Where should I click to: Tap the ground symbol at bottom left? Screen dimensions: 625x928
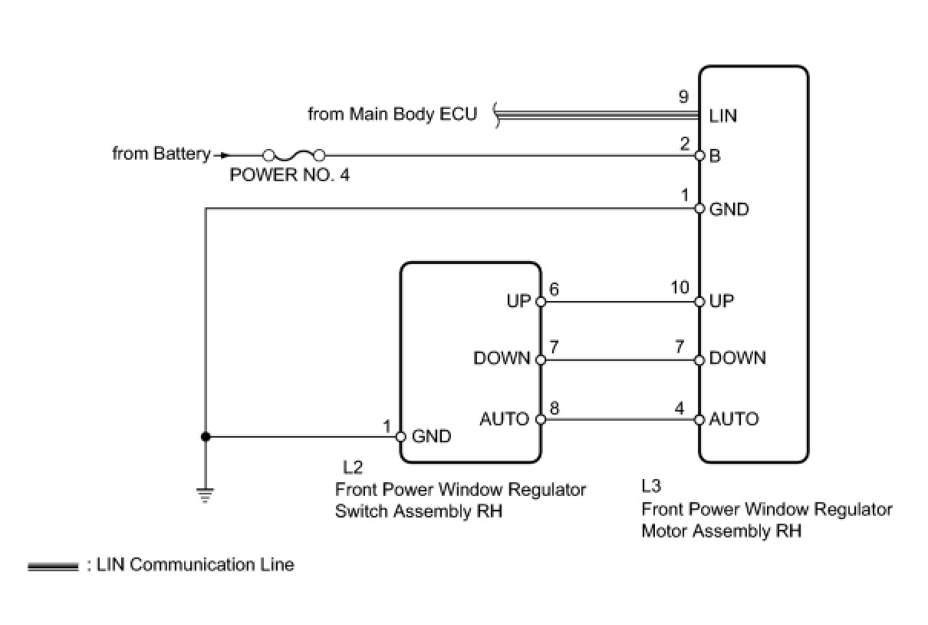(205, 494)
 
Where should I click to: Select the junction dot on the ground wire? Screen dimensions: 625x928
(205, 437)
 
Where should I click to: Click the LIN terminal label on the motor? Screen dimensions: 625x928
(722, 116)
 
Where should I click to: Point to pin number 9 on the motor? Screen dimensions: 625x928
(683, 98)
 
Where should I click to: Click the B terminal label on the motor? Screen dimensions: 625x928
(715, 156)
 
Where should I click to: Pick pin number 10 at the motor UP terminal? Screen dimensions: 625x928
(680, 287)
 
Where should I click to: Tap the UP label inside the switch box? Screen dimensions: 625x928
(518, 301)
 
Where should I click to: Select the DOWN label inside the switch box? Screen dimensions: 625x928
(502, 358)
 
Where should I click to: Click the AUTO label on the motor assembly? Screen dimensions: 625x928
(734, 419)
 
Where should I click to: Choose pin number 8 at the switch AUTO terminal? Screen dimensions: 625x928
(554, 408)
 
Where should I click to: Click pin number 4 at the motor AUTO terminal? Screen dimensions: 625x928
(680, 408)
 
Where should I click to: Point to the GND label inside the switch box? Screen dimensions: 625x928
(432, 437)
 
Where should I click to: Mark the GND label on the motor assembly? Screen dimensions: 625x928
(729, 209)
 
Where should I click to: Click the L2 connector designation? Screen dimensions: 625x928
(354, 468)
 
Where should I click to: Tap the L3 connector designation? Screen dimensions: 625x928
(651, 486)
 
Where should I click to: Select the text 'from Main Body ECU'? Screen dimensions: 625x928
(392, 114)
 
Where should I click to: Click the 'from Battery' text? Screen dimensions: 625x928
(161, 154)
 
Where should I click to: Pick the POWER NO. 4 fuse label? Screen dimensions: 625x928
(289, 175)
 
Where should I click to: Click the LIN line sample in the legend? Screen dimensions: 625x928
(53, 567)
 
